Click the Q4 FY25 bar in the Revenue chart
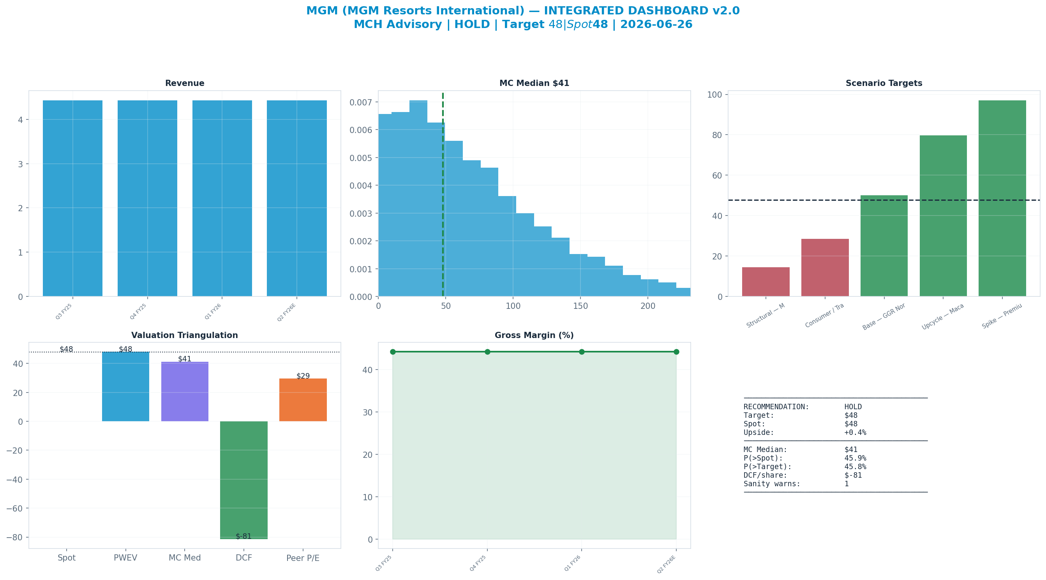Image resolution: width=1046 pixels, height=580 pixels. point(147,198)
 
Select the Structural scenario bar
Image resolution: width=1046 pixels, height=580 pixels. point(766,282)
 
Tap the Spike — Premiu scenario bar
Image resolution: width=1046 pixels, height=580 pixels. point(1002,198)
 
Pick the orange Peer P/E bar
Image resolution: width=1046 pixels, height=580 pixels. point(303,400)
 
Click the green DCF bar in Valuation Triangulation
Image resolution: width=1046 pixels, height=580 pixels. point(243,480)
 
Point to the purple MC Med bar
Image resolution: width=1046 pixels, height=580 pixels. point(185,391)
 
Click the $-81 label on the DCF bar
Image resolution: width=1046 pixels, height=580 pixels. point(243,536)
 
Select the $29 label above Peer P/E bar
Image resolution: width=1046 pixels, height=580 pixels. point(303,376)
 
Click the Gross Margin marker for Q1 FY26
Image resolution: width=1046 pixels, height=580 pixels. point(582,352)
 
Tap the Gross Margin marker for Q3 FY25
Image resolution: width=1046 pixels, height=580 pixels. point(393,352)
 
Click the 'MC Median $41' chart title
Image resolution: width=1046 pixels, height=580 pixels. point(534,83)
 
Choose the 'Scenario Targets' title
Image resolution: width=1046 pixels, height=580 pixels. point(884,83)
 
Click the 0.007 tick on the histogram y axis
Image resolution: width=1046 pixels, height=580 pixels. point(361,102)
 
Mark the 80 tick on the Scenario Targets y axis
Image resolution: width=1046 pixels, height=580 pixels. point(718,135)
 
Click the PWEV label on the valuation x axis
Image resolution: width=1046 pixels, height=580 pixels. point(125,558)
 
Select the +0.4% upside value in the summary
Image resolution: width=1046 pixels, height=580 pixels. point(855,432)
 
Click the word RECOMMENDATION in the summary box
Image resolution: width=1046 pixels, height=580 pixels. point(776,407)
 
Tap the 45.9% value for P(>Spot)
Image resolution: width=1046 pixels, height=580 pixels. point(855,458)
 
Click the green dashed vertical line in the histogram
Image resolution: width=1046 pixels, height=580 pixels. point(443,195)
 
